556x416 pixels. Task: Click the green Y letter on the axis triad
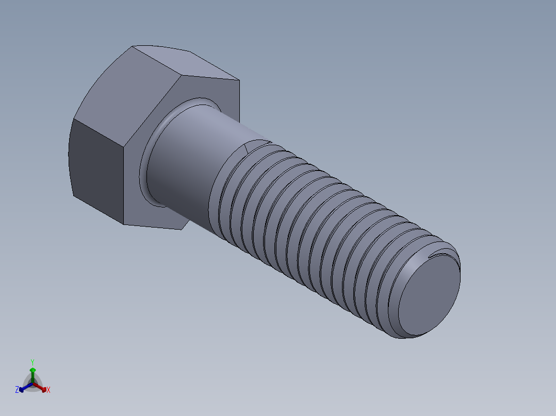(32, 362)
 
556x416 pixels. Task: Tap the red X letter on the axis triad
(48, 390)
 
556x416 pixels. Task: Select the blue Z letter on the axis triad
(17, 390)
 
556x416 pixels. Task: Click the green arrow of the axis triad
(32, 372)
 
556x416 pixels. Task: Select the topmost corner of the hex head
(133, 47)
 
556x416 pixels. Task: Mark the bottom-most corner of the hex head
(124, 224)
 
